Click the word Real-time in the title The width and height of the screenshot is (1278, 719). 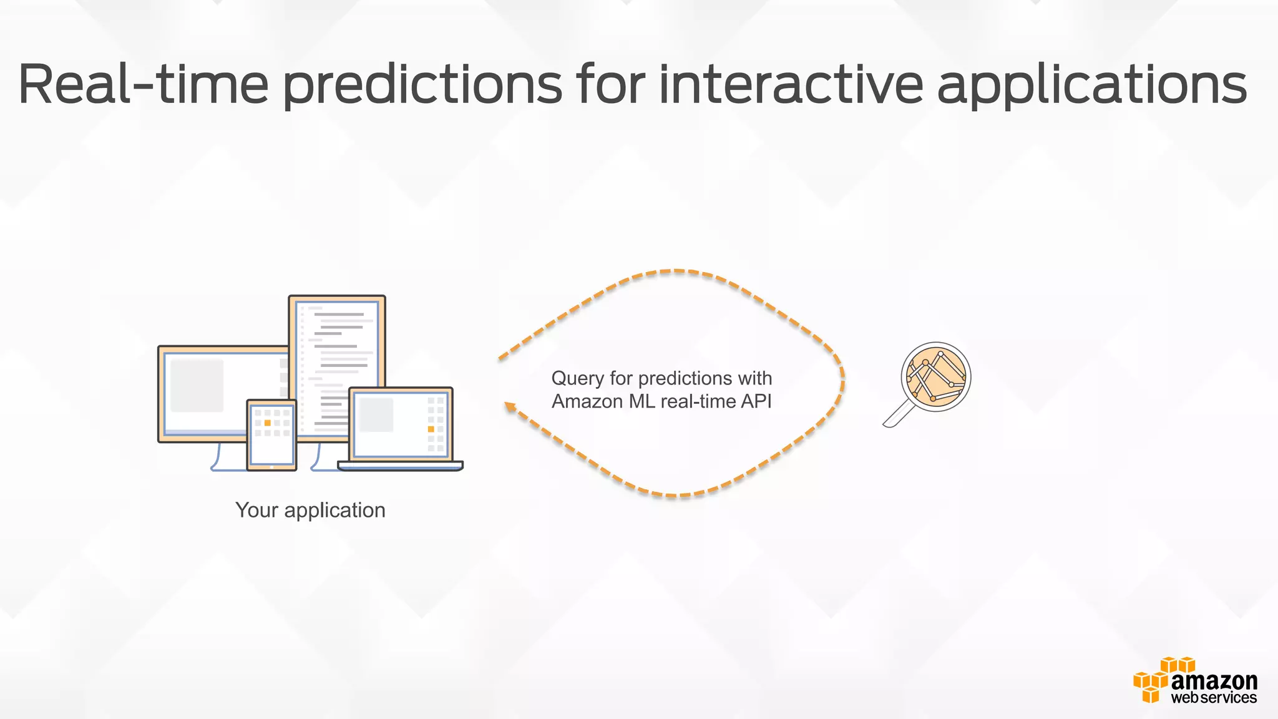[x=144, y=84]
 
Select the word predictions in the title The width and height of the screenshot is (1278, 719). [x=422, y=84]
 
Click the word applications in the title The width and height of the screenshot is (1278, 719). [x=1092, y=84]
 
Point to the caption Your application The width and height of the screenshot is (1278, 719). [x=310, y=510]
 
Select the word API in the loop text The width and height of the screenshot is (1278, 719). [x=756, y=401]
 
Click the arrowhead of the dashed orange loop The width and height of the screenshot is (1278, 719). [x=510, y=407]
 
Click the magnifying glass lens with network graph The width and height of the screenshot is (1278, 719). [x=935, y=376]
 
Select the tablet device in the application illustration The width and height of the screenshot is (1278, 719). [x=271, y=435]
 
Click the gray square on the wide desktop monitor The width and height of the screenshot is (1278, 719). [x=197, y=385]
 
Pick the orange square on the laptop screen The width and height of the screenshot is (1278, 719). [x=431, y=429]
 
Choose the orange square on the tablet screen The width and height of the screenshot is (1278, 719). [x=268, y=423]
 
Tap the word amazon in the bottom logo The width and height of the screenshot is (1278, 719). [x=1214, y=680]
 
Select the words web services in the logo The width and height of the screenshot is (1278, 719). [x=1214, y=698]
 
